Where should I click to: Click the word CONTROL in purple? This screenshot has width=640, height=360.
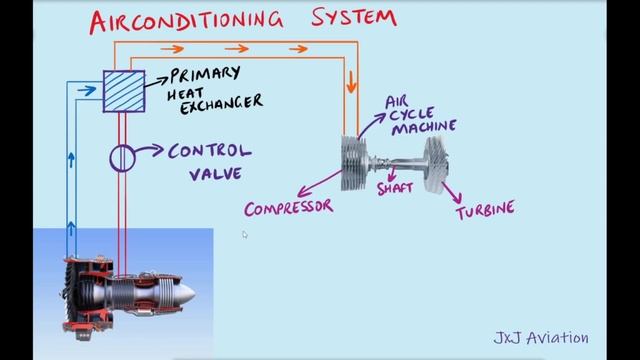[210, 152]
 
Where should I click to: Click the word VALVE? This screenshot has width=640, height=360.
[216, 176]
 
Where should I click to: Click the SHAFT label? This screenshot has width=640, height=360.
[395, 188]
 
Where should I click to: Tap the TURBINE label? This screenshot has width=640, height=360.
[485, 210]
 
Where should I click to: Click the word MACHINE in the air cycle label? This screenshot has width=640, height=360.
[424, 126]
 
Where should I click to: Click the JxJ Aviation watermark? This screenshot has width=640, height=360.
[541, 338]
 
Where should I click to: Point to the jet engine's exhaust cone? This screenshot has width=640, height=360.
[184, 292]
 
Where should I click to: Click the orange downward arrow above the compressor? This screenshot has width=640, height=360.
[351, 83]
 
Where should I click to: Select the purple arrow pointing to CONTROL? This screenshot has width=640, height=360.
[151, 152]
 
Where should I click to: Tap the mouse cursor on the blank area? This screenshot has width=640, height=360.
[244, 235]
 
